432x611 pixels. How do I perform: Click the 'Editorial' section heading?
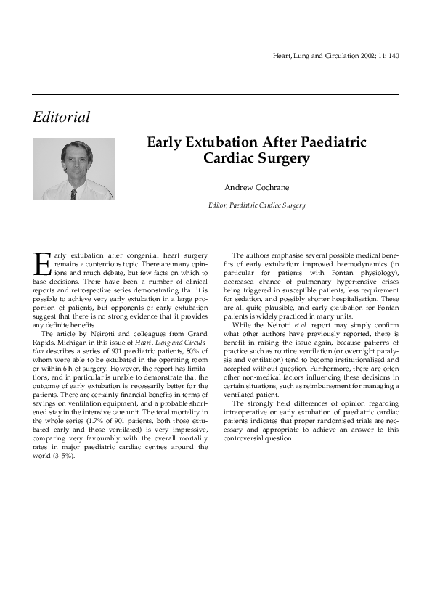click(62, 117)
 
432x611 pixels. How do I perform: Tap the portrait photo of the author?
click(73, 169)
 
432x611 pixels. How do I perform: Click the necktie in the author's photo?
click(73, 193)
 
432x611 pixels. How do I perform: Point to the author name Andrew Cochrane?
click(256, 187)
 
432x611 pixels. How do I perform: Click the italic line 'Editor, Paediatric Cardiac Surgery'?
click(256, 205)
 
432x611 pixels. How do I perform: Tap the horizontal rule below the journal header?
click(216, 94)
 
